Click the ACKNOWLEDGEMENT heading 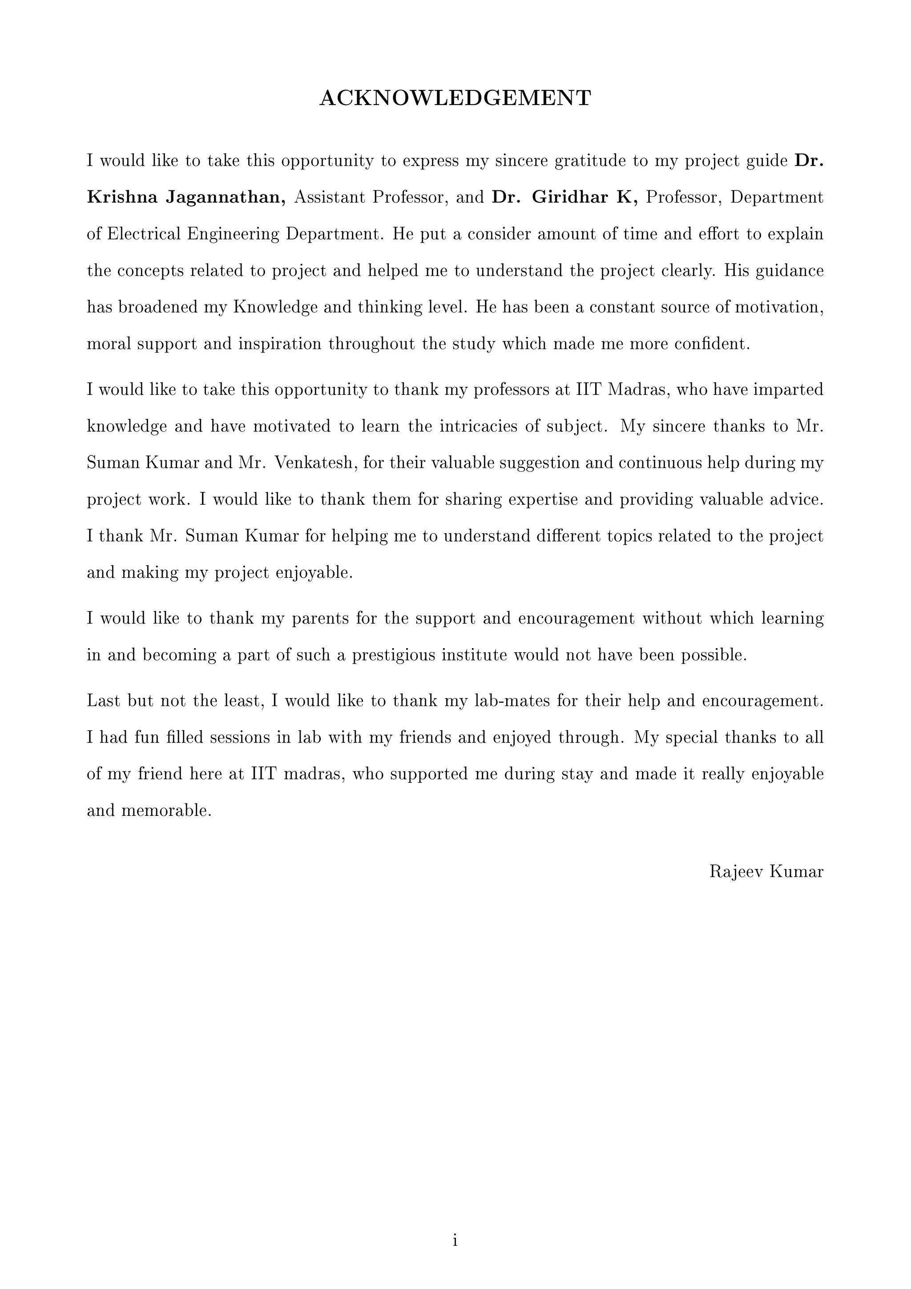click(455, 98)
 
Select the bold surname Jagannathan click(225, 198)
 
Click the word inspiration click(280, 344)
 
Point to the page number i click(455, 1240)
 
